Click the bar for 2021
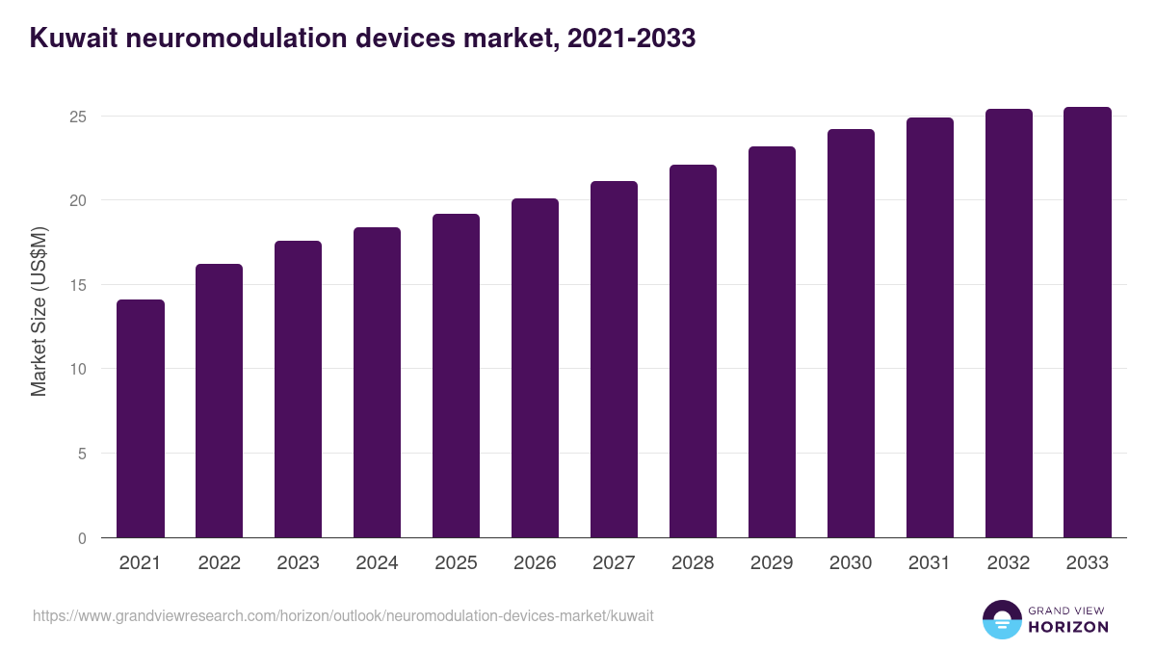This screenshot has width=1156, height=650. pos(141,419)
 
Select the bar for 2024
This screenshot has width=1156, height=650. pos(377,382)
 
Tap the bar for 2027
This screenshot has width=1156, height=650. pos(614,359)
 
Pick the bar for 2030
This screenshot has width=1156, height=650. pos(851,333)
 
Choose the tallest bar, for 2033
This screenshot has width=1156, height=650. pos(1088,323)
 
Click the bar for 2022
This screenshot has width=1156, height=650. pos(220,401)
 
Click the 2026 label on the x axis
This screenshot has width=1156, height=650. pos(535,563)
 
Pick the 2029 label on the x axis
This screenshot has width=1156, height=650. pos(772,563)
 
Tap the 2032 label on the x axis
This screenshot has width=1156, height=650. pos(1009,563)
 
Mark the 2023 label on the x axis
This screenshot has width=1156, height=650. pos(298,563)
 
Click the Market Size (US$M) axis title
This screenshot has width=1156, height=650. pos(39,311)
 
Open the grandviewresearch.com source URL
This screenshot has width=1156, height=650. pos(343,615)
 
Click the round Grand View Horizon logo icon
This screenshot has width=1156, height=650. pos(1001,619)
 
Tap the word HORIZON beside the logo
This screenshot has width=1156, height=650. pos(1068,627)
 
